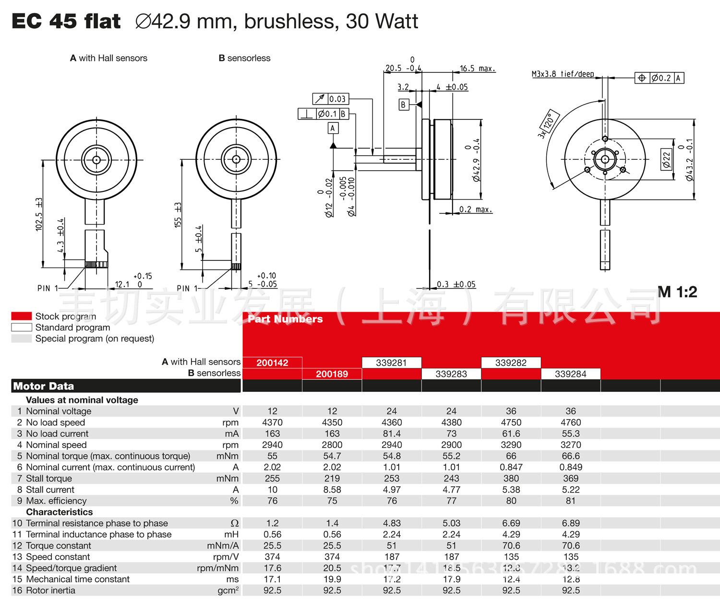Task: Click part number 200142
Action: point(272,363)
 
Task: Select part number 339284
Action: point(570,374)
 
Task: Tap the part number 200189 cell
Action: point(332,374)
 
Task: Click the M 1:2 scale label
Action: point(677,292)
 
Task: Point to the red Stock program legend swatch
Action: point(22,316)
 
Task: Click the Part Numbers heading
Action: point(285,319)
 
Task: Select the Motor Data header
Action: point(44,386)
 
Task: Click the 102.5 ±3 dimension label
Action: point(39,214)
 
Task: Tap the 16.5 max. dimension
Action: point(477,69)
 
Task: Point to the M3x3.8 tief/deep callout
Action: point(563,74)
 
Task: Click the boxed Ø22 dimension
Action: point(666,159)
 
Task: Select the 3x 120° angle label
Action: point(548,124)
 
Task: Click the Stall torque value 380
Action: point(511,479)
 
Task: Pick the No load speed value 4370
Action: point(272,423)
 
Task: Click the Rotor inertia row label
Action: point(50,590)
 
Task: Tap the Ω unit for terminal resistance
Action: point(234,523)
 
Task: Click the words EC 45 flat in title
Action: point(66,21)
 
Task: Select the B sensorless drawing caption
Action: point(244,58)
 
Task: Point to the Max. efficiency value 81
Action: point(570,501)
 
